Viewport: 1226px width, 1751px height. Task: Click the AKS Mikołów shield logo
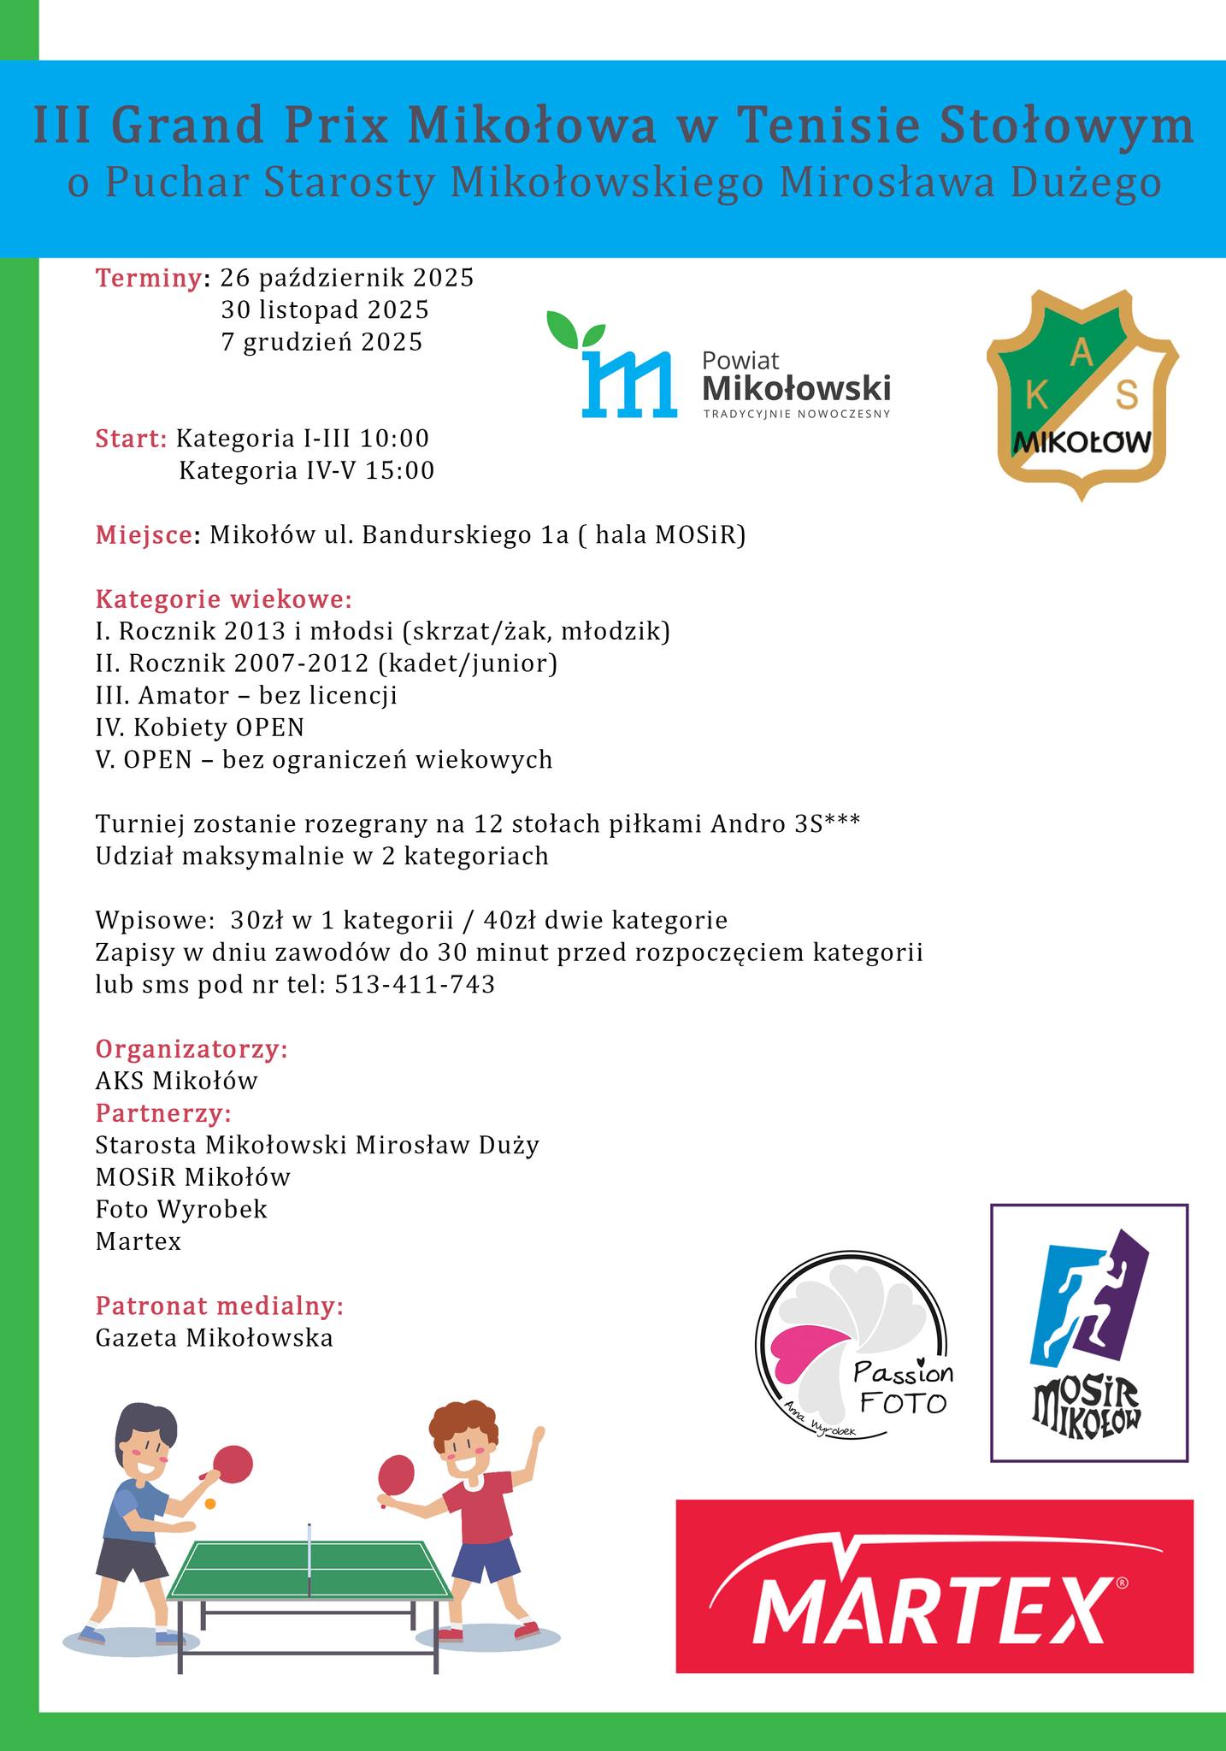(x=1082, y=394)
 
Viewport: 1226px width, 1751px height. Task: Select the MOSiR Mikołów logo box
(x=1088, y=1333)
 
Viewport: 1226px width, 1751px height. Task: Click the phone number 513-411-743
(x=415, y=984)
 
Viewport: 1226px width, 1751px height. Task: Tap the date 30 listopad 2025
(x=325, y=310)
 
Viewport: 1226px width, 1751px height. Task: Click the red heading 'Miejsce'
(x=143, y=535)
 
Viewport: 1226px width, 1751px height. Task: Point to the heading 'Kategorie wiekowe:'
(x=224, y=598)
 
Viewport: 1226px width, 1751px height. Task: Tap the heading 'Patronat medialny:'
(x=220, y=1306)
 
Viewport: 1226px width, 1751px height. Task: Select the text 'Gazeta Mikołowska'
(x=215, y=1337)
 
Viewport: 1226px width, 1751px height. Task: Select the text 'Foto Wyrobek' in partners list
(x=181, y=1209)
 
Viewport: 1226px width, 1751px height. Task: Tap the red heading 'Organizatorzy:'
(x=192, y=1049)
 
